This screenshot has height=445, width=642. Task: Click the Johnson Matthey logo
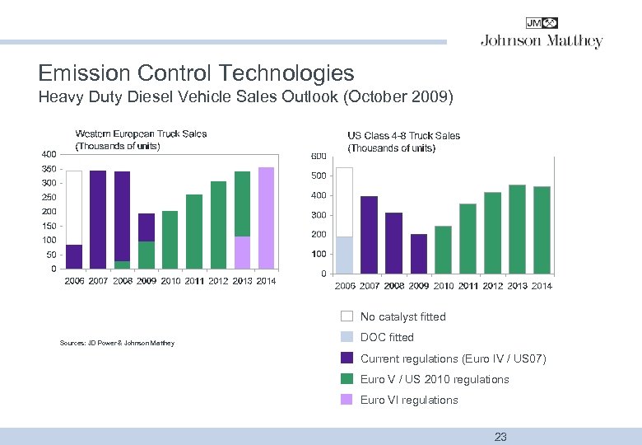pos(542,34)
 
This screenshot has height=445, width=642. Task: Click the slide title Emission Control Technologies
pos(197,73)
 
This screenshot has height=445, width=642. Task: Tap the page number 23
pos(500,437)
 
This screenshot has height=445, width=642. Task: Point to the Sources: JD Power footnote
pos(117,343)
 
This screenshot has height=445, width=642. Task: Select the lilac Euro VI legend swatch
pos(347,400)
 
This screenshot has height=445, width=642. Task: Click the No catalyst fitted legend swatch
pos(347,316)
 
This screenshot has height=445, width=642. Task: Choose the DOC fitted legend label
pos(387,337)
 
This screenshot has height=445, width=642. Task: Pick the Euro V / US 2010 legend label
pos(435,379)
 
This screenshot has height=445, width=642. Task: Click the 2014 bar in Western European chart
pos(266,218)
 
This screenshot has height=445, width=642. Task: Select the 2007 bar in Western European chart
pos(98,219)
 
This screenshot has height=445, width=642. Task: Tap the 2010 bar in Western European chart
pos(170,240)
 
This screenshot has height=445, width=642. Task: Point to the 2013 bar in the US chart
pos(517,229)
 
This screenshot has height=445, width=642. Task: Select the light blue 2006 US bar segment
pos(345,255)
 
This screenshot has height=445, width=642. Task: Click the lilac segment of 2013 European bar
pos(242,252)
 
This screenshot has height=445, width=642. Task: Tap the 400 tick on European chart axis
pos(49,154)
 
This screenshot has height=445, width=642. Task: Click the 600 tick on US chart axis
pos(319,157)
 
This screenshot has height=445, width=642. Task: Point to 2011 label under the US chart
pos(468,286)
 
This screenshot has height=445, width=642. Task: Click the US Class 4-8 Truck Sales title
pos(403,141)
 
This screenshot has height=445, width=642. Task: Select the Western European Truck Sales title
pos(141,139)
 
